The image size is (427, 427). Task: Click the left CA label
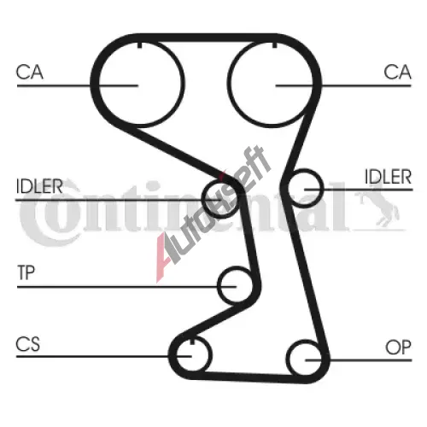tap(30, 72)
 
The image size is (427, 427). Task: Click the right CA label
tap(397, 72)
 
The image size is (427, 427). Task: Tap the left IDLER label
tap(39, 186)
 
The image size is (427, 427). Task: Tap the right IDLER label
tap(389, 177)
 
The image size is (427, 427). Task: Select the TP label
tap(26, 272)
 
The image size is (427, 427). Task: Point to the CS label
tap(28, 344)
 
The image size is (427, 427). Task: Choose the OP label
tap(398, 348)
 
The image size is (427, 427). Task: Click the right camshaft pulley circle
tap(229, 85)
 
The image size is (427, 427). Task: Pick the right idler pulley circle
tap(323, 188)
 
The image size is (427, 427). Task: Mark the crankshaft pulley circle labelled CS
tap(211, 354)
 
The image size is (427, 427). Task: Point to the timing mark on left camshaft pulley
tap(139, 45)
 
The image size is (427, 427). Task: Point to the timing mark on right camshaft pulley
tap(274, 45)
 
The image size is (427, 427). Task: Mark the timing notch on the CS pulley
tap(192, 341)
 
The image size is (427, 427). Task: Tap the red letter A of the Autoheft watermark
tap(164, 258)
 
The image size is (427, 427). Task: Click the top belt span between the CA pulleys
tap(207, 38)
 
